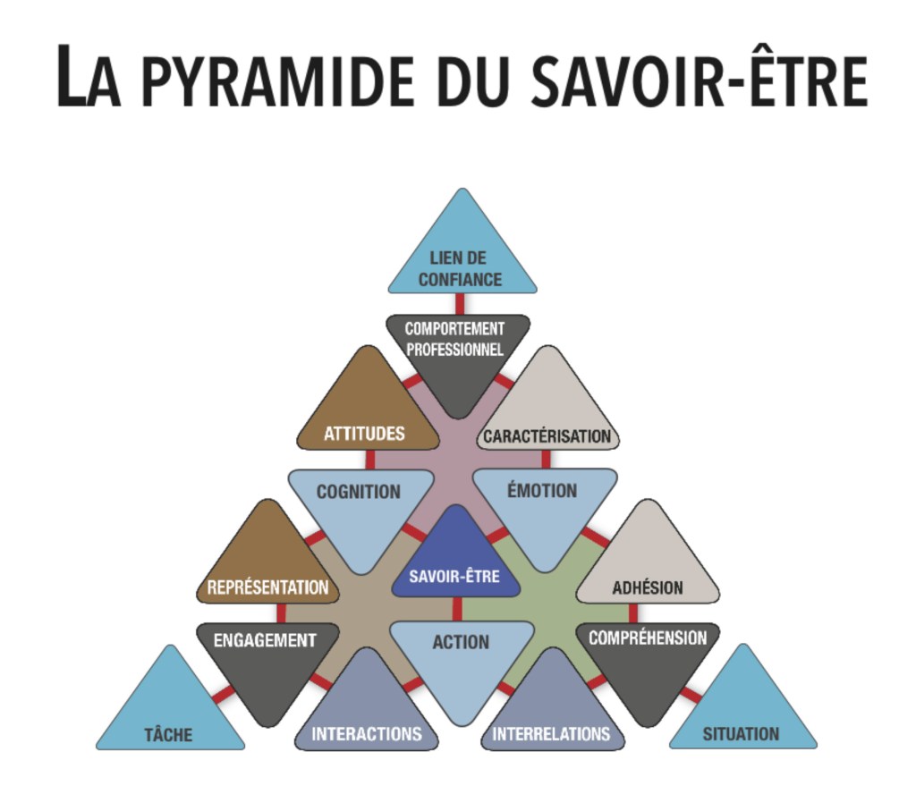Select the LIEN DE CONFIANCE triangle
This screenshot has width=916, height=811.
[462, 259]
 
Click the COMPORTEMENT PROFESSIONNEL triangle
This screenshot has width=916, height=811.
[457, 353]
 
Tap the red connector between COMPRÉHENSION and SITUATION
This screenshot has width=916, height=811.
[691, 695]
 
